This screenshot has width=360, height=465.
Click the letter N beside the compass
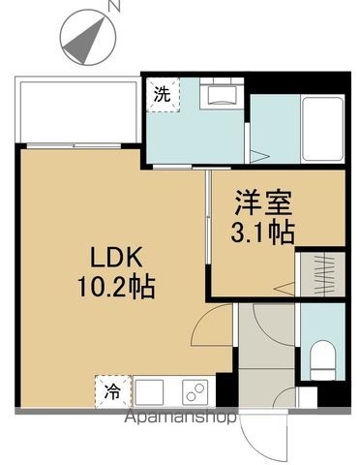tap(113, 6)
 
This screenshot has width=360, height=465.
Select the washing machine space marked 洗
tap(163, 95)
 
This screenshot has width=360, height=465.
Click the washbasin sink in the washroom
tap(222, 93)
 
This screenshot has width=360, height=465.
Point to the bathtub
tap(323, 129)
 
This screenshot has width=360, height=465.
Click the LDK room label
tap(116, 257)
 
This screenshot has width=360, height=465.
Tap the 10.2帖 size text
tap(116, 287)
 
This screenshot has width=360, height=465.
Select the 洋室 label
tap(263, 203)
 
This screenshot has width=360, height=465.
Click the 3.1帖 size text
tap(262, 232)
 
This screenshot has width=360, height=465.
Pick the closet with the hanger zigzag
tap(323, 274)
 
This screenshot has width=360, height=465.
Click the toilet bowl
tap(322, 359)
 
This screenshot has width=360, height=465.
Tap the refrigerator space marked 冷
tap(112, 391)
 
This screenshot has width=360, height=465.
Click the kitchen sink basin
tap(149, 392)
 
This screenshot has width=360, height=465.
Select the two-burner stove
tap(195, 392)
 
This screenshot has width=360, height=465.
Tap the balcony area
tap(78, 109)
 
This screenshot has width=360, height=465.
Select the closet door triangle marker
tap(284, 289)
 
